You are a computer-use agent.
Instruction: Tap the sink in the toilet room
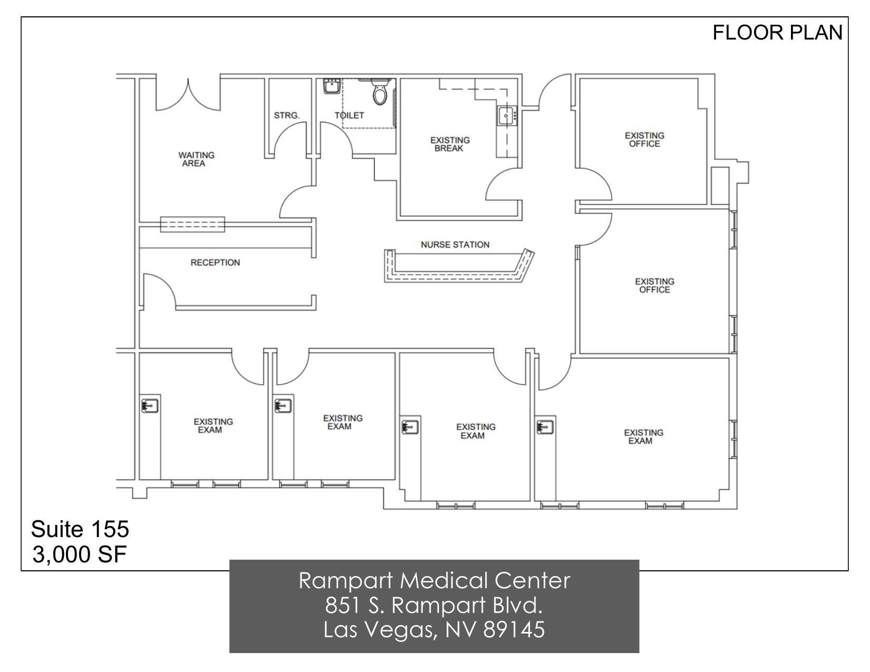331,86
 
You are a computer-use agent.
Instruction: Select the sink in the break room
506,115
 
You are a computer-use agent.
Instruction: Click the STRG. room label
287,115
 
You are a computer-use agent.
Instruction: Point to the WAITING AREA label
196,159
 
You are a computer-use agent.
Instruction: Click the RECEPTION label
215,262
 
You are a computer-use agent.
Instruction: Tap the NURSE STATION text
455,245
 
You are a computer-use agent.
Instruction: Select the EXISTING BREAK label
449,144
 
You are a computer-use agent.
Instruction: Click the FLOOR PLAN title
777,33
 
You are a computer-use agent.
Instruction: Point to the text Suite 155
80,529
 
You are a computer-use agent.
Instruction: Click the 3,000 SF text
80,554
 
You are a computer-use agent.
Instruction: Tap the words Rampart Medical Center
434,581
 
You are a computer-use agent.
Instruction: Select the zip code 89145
514,629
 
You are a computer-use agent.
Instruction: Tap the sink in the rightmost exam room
545,426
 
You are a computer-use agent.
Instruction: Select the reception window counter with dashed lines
192,225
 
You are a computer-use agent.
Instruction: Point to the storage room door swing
290,139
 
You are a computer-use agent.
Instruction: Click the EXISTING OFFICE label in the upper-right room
644,140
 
